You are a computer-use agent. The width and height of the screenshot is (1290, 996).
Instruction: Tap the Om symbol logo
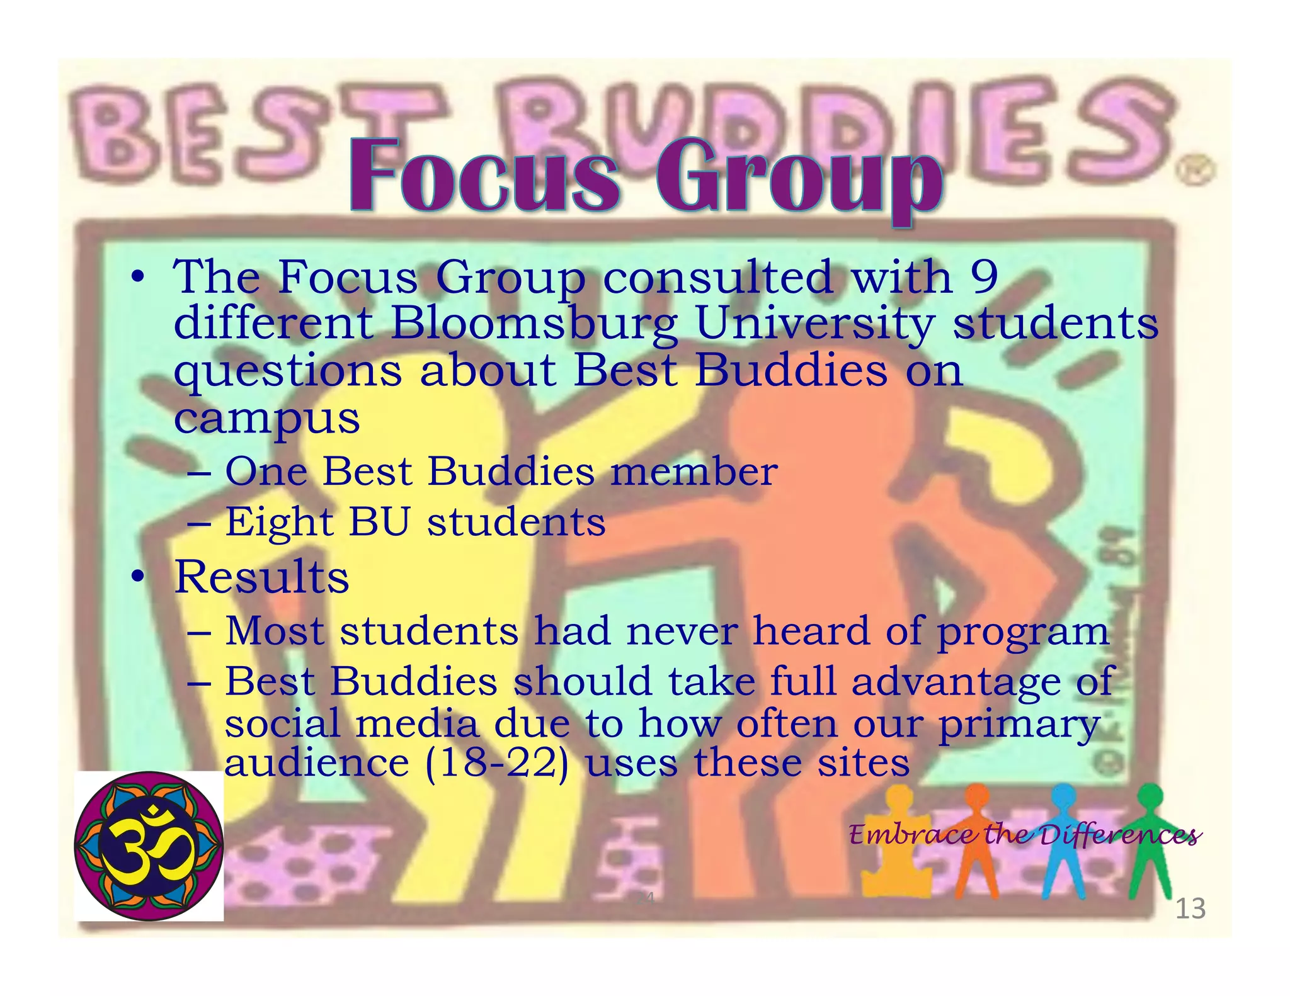point(149,846)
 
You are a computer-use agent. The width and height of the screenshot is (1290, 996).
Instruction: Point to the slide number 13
point(1190,908)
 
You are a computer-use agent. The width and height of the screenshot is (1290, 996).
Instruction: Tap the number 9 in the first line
point(984,277)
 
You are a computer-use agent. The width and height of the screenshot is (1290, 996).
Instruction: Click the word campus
point(266,418)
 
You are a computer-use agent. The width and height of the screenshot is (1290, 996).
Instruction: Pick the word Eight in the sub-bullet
point(279,523)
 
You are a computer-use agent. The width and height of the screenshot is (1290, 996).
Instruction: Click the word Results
point(261,577)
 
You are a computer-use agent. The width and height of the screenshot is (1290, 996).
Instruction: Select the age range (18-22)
point(496,763)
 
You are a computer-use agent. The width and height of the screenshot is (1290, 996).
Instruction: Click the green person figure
point(1150,837)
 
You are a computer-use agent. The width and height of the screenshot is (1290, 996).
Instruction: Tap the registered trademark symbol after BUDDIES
point(1195,171)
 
